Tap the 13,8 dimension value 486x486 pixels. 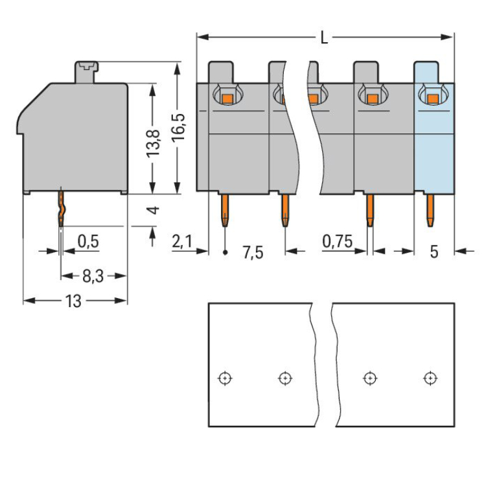point(154,139)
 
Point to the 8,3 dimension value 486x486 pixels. point(93,277)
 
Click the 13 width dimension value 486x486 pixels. point(75,301)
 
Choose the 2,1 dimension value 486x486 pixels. point(182,242)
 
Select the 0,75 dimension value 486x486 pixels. point(337,242)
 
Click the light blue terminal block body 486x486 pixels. point(434,149)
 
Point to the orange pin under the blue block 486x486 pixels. point(430,210)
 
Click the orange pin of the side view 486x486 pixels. point(61,207)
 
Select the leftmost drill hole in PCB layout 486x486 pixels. point(224,378)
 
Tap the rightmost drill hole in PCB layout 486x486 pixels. point(429,378)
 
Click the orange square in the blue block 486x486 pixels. point(432,99)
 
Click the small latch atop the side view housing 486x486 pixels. point(86,67)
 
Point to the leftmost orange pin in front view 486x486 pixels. point(224,210)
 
